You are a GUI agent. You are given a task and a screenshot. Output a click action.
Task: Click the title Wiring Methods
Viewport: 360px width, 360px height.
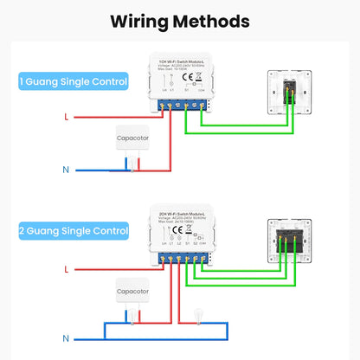pyautogui.click(x=180, y=20)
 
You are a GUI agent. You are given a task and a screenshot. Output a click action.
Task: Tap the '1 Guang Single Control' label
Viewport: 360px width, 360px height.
pyautogui.click(x=73, y=82)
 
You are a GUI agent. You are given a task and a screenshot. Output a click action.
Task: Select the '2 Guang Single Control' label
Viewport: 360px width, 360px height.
pyautogui.click(x=73, y=231)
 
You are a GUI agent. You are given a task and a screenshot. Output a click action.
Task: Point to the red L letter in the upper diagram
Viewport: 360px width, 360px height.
pyautogui.click(x=66, y=116)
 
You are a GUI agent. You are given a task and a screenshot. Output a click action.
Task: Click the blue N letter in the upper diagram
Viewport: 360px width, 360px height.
pyautogui.click(x=66, y=170)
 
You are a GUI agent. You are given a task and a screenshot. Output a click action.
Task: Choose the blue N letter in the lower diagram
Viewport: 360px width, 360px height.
pyautogui.click(x=66, y=337)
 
